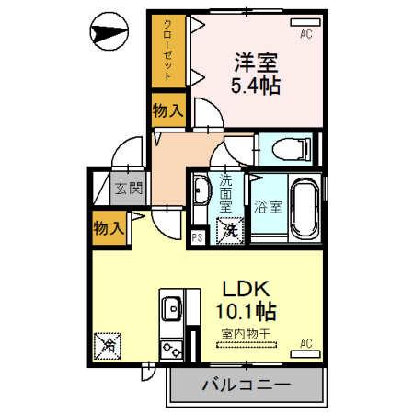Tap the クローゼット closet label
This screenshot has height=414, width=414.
click(167, 51)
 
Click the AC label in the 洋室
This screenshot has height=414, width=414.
click(305, 36)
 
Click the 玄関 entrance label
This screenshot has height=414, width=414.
click(128, 190)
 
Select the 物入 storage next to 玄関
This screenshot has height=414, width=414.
click(109, 226)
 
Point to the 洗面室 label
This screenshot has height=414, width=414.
click(225, 195)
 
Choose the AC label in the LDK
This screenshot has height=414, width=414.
click(306, 345)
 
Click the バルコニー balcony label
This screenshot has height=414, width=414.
click(246, 385)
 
